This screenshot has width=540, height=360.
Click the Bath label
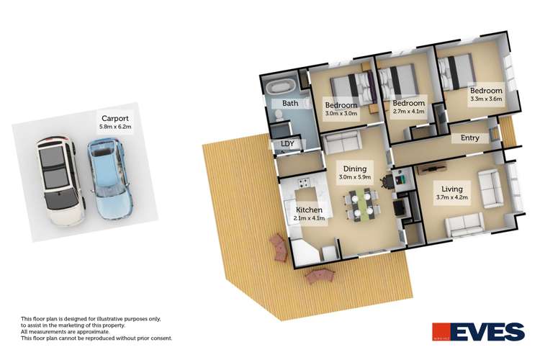(x=290, y=104)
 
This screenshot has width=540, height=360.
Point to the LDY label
(x=288, y=144)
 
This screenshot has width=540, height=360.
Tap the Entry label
(x=460, y=138)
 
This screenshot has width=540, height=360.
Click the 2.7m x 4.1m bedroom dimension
(x=409, y=112)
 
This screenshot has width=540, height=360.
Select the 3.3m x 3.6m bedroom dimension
(x=486, y=100)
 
